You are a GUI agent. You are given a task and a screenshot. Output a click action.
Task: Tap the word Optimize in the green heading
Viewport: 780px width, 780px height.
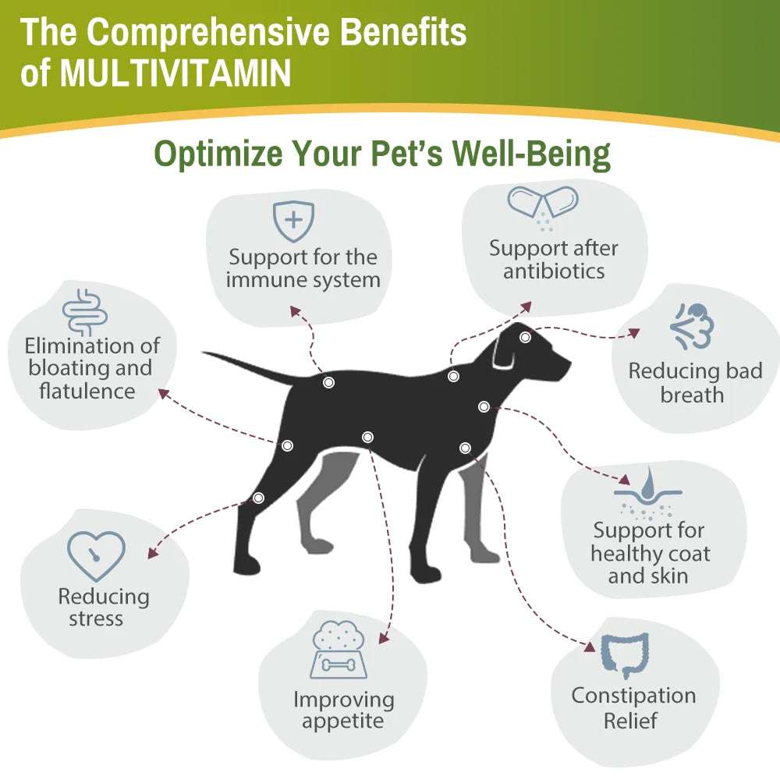211,154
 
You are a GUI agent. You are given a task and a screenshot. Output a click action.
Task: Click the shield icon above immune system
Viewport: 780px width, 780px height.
293,221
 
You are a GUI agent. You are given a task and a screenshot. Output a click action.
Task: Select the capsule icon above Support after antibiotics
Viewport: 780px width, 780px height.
543,204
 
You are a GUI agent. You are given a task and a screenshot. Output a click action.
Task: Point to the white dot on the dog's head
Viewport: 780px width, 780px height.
526,338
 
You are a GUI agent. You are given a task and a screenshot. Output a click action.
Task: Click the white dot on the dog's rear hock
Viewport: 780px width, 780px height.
259,498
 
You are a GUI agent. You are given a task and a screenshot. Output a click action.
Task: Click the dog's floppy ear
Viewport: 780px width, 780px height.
503,355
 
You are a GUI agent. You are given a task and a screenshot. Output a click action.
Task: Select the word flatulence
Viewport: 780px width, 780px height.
87,391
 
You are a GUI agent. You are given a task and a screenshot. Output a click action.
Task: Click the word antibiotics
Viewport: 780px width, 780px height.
554,271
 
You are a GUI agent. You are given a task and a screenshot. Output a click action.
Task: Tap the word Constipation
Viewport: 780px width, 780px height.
633,695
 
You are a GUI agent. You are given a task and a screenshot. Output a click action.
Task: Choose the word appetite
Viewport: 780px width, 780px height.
343,721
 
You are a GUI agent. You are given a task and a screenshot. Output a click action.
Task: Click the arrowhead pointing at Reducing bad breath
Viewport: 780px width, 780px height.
635,333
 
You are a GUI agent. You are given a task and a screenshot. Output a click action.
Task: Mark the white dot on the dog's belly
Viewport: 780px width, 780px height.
368,437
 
